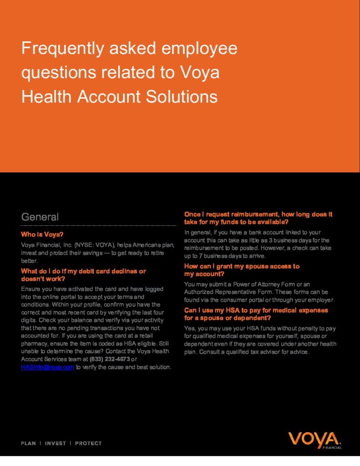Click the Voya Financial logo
tap(314, 440)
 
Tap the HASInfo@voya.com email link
tap(47, 368)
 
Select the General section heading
tap(40, 217)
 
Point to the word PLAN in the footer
tap(29, 443)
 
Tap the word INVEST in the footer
tap(56, 443)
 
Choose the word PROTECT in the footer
tap(88, 443)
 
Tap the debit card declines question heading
tap(83, 275)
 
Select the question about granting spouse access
tap(242, 270)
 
